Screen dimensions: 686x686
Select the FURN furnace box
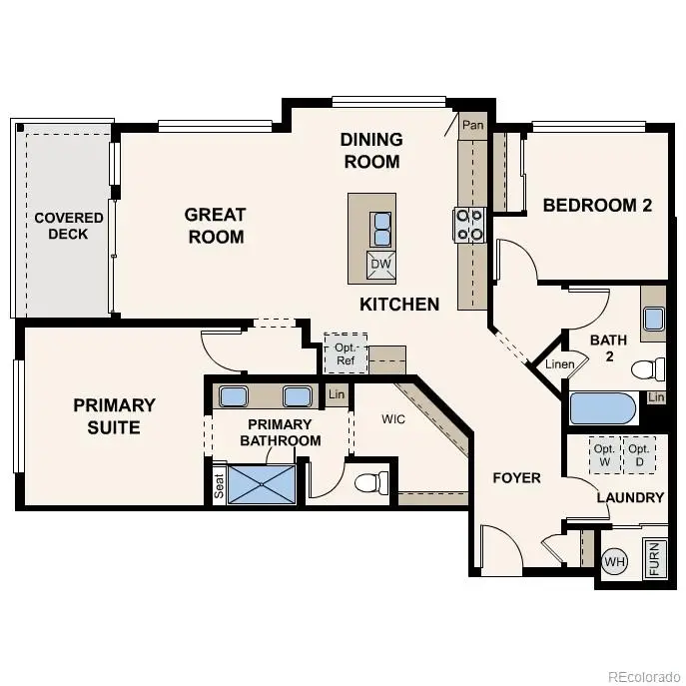[x=654, y=558]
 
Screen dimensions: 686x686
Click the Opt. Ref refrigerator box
[x=344, y=353]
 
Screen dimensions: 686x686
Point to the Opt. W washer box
[x=604, y=455]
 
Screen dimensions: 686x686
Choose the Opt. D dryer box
[x=639, y=455]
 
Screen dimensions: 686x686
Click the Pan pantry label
[x=471, y=127]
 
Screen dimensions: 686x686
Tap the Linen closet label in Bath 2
[x=560, y=364]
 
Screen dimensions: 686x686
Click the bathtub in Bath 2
[x=603, y=409]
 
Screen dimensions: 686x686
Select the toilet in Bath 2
[x=648, y=369]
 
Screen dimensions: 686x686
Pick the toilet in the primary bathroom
[x=373, y=483]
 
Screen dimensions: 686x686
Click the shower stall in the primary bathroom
[x=263, y=484]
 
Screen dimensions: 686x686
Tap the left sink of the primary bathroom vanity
[x=234, y=396]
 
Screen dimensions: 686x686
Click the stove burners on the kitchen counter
[x=470, y=225]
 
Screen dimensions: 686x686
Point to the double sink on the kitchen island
[x=381, y=229]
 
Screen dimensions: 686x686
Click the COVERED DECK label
[x=69, y=226]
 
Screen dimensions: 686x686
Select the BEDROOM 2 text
[x=597, y=206]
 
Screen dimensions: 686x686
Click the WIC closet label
[x=392, y=419]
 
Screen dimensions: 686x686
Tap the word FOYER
[x=517, y=478]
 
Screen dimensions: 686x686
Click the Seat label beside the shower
[x=219, y=484]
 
